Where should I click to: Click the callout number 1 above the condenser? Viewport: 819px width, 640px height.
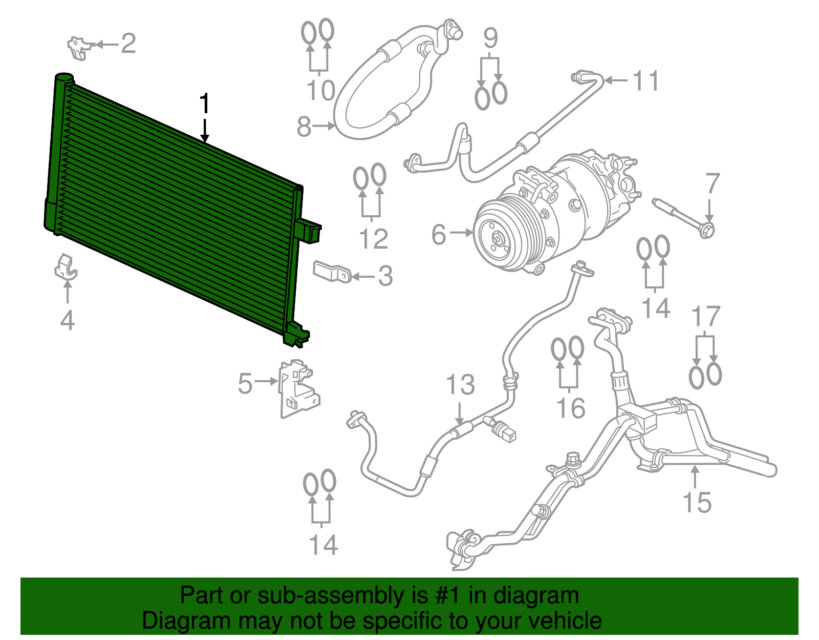[x=205, y=104]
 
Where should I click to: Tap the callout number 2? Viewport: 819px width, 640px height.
[x=128, y=44]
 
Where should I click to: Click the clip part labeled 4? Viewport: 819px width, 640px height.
[x=66, y=267]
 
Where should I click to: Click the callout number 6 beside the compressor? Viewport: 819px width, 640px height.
[x=439, y=234]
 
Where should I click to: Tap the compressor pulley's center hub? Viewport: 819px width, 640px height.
[x=497, y=238]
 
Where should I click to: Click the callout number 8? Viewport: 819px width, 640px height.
[x=304, y=126]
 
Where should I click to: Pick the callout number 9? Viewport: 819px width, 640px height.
[x=490, y=38]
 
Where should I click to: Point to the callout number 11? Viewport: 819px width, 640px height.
[x=646, y=80]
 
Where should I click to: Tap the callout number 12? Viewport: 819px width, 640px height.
[x=374, y=239]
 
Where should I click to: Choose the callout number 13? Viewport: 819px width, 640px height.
[x=460, y=385]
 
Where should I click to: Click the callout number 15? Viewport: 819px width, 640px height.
[x=697, y=502]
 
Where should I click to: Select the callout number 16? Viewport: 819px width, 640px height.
[x=570, y=408]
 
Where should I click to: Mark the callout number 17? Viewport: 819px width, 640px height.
[x=706, y=317]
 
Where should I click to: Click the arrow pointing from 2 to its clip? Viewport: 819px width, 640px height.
[x=106, y=45]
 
